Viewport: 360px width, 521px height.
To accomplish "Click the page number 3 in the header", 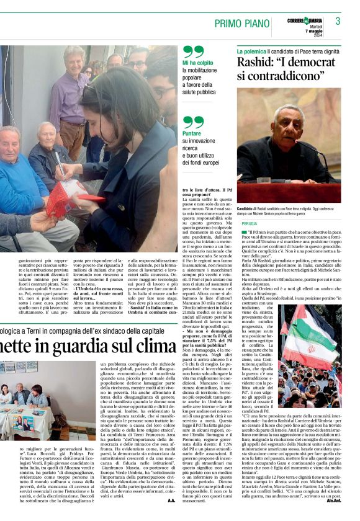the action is pos(338,21).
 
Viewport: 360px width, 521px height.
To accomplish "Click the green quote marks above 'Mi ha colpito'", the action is pos(193,50).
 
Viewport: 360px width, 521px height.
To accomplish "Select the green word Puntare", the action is pos(192,133).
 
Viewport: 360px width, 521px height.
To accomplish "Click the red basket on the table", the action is pos(65,199).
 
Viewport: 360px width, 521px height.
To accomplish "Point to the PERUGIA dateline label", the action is pos(250,223).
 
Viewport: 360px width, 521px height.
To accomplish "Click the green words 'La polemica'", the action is pos(251,49).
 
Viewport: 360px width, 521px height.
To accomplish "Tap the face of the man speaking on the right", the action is pos(292,128).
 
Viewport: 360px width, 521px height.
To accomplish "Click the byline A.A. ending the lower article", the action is pos(171,500).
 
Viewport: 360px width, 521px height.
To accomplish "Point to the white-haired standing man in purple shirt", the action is pos(70,93).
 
